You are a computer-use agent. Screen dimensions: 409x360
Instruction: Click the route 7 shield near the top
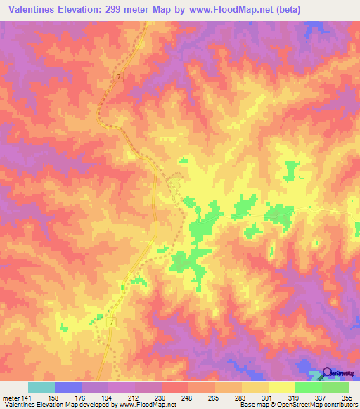(120, 76)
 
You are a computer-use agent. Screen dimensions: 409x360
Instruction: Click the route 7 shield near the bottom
(112, 321)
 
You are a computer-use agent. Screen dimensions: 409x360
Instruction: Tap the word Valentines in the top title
(34, 10)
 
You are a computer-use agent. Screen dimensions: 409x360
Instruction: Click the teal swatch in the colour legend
(41, 387)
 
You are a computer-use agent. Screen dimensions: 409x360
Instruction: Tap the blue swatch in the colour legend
(68, 387)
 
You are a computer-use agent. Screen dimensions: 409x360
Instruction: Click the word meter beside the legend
(11, 396)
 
